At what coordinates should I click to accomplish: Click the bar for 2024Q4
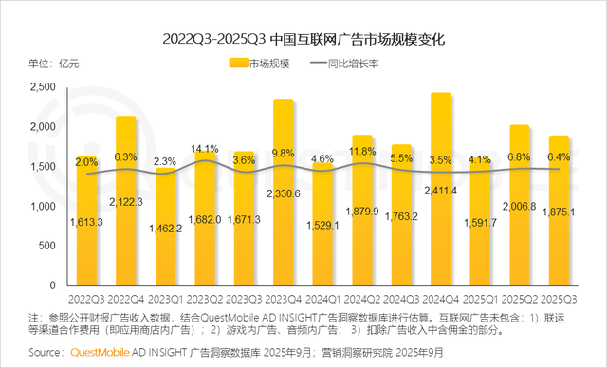point(440,190)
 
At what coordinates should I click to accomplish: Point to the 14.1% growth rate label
point(204,149)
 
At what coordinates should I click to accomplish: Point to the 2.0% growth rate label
point(86,162)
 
